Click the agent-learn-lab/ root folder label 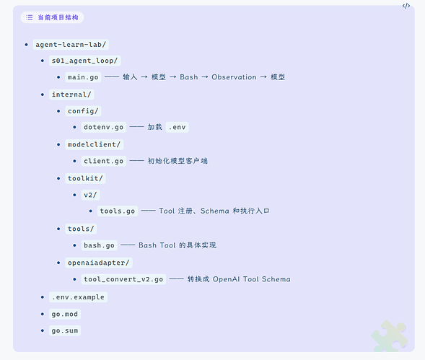pos(71,45)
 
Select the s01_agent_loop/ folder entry pos(85,61)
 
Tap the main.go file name pos(83,77)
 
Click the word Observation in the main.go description pos(234,77)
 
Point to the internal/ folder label pos(71,95)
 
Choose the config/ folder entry pos(83,111)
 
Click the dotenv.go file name pos(103,127)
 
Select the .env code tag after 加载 pos(178,127)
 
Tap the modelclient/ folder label pos(94,144)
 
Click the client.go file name pos(103,161)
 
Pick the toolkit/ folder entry pos(85,178)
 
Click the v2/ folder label pos(90,195)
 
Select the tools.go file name pos(118,211)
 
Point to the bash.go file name pos(99,245)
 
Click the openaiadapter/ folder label pos(99,263)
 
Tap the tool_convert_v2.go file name pos(123,279)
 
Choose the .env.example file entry pos(78,297)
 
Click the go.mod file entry pos(65,314)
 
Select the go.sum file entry pos(65,330)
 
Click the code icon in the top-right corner pos(406,6)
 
